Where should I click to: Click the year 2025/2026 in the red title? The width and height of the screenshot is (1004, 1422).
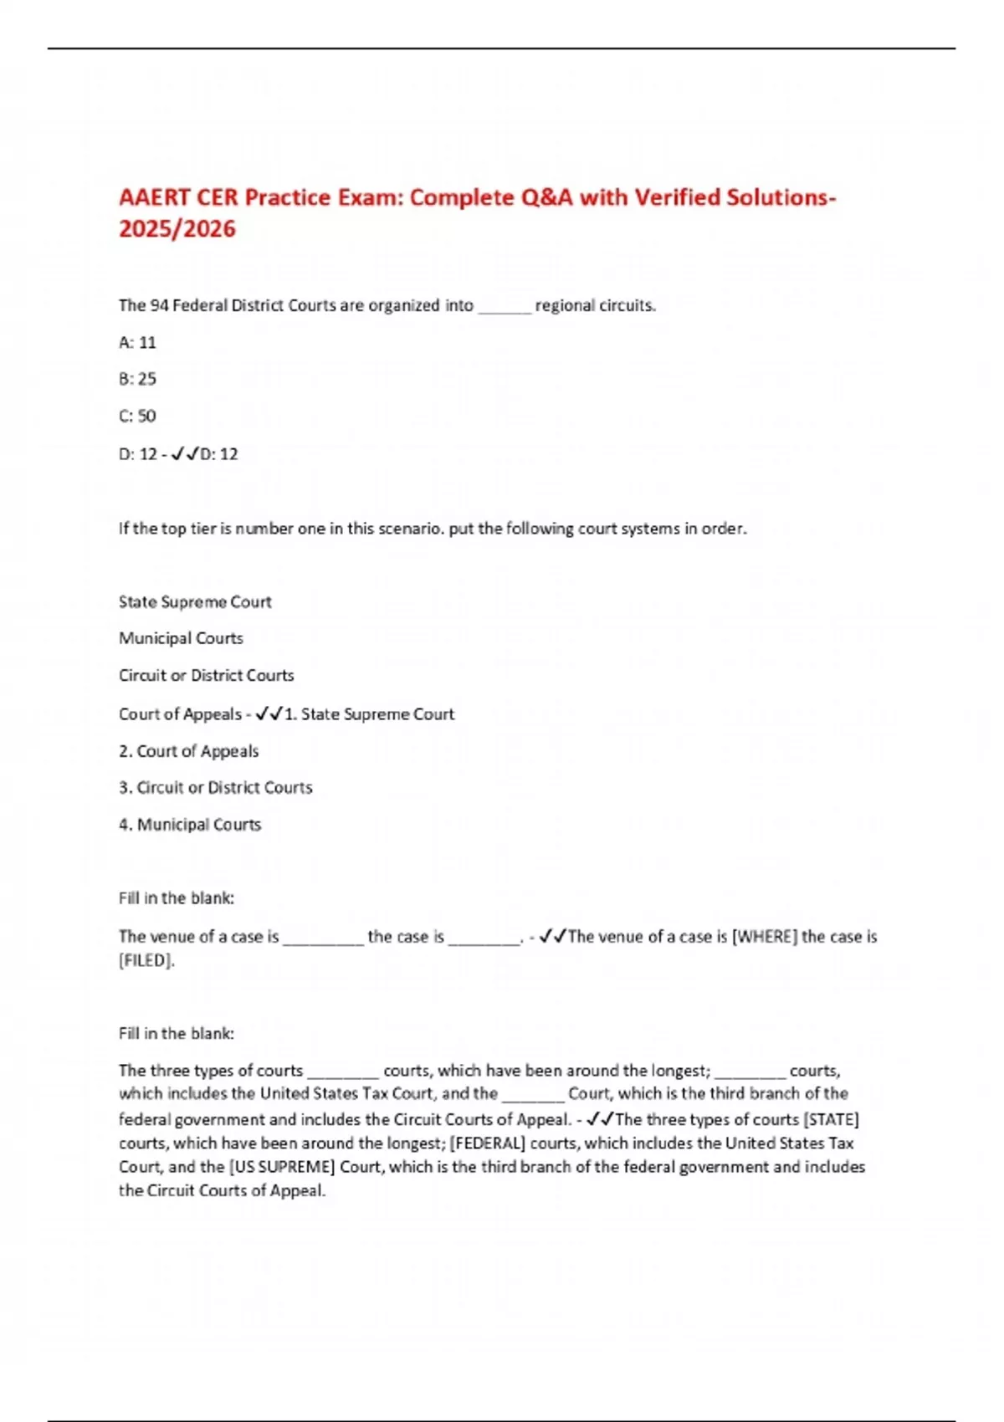(x=177, y=228)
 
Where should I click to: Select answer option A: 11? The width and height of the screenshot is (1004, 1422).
(x=137, y=342)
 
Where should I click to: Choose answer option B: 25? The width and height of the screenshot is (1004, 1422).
(x=137, y=379)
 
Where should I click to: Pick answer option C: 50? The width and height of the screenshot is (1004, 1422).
(x=137, y=416)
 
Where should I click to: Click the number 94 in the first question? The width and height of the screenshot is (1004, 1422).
(x=159, y=305)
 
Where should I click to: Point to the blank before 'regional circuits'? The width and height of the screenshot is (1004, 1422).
(x=505, y=308)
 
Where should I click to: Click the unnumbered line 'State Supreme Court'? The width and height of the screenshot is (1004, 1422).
(x=195, y=601)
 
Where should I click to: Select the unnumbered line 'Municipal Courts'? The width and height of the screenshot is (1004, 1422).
(x=181, y=638)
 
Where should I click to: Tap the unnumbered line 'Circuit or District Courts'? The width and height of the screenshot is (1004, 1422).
(x=207, y=675)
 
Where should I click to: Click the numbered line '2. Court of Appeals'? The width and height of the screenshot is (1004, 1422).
(x=189, y=751)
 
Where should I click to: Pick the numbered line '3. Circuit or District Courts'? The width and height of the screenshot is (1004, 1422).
(x=216, y=787)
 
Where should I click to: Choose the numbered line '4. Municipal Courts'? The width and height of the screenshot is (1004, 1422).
(x=190, y=825)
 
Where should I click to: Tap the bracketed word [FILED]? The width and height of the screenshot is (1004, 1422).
(x=146, y=960)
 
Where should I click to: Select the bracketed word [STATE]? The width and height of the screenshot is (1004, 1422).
(x=831, y=1119)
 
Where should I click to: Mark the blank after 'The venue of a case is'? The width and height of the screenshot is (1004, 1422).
(x=323, y=939)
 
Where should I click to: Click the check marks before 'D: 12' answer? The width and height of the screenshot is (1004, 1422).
(x=184, y=453)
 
